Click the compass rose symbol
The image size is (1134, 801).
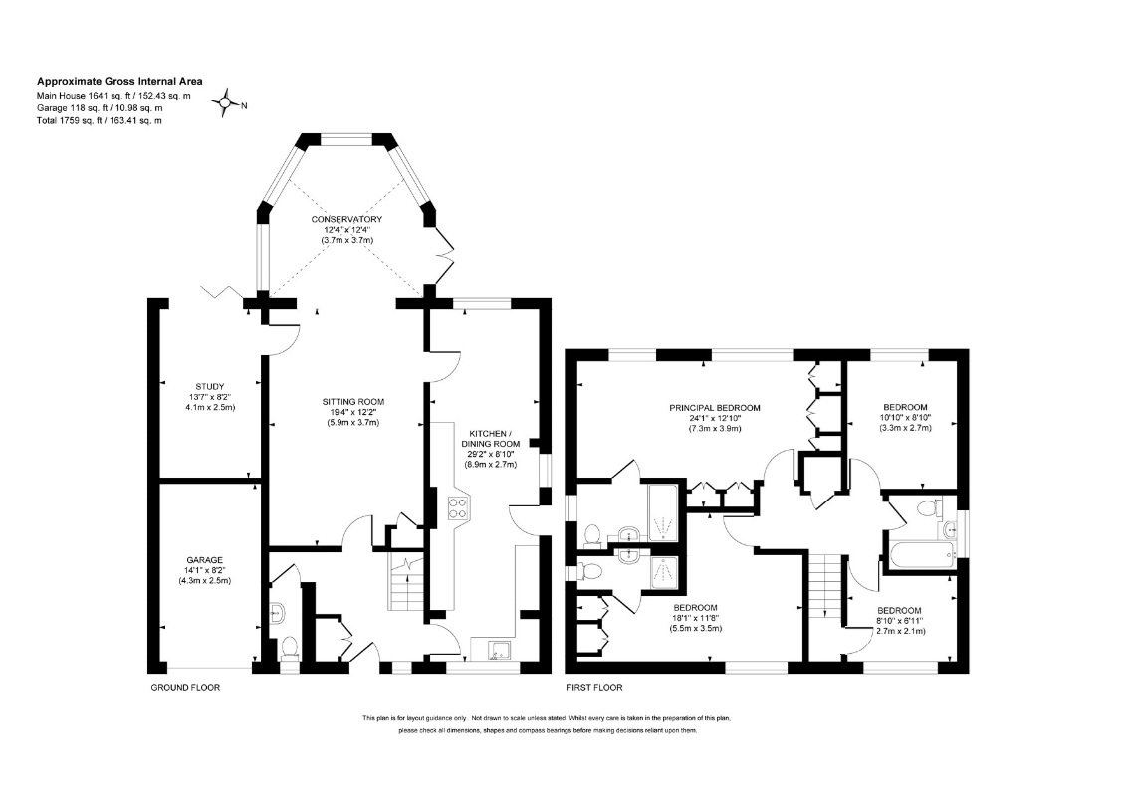[x=226, y=104]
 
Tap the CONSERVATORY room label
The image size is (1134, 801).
[x=346, y=219]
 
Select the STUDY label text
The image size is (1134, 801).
[x=210, y=387]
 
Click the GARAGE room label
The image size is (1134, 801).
[x=205, y=560]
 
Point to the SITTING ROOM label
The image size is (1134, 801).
[x=352, y=402]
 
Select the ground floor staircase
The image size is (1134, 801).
[x=406, y=582]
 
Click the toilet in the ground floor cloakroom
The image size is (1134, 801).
[x=290, y=647]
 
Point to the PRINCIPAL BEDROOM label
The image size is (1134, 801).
[x=715, y=408]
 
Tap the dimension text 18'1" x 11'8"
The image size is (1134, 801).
[x=696, y=618]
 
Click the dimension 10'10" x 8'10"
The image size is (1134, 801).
[x=905, y=417]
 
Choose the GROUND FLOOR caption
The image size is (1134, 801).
[x=185, y=687]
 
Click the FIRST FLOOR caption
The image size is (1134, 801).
[x=595, y=687]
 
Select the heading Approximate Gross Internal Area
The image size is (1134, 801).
[x=120, y=81]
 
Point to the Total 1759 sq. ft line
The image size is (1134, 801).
[x=100, y=120]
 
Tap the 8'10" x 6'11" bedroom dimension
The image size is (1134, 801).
[x=900, y=620]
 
